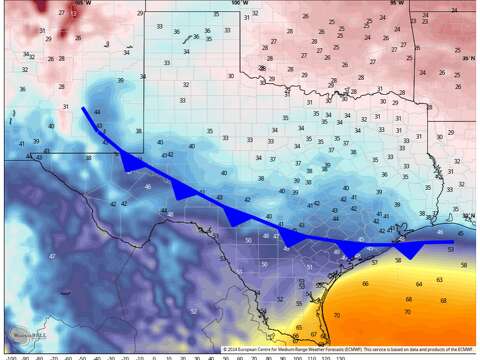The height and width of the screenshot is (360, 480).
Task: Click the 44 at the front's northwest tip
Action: [x=97, y=112]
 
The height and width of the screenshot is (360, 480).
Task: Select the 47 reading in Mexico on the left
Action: [x=51, y=256]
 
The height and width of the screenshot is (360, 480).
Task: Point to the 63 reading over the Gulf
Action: [x=441, y=280]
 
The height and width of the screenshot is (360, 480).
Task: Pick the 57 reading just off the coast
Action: [x=374, y=262]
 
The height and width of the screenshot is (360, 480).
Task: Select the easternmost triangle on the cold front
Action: [x=408, y=250]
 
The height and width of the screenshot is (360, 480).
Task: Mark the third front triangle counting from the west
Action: [x=237, y=216]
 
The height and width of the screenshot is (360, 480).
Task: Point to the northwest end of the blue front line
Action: [x=84, y=109]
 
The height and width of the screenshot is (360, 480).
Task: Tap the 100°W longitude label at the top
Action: [x=237, y=4]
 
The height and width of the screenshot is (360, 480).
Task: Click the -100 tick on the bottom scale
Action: [x=10, y=355]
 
